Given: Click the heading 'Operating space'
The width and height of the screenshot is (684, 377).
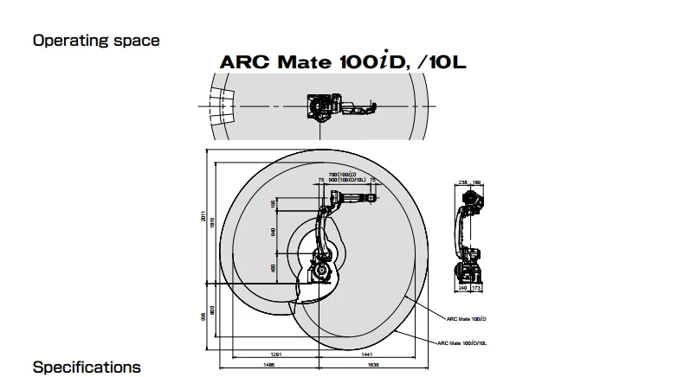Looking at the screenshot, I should click(x=96, y=40).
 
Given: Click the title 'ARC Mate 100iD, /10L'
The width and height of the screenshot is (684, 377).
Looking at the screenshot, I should click(x=343, y=63).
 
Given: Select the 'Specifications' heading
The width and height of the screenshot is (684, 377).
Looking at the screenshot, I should click(x=87, y=367).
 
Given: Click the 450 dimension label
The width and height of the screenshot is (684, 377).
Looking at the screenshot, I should click(x=274, y=267).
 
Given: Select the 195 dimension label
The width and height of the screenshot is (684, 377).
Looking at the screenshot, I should click(x=274, y=203).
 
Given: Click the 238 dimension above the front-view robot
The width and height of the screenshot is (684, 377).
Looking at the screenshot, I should click(x=462, y=183).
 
